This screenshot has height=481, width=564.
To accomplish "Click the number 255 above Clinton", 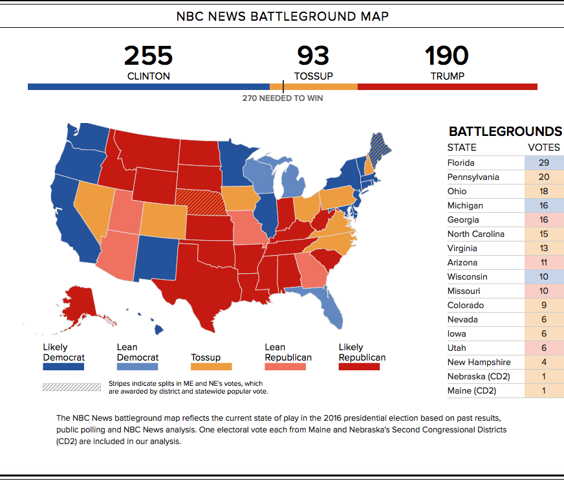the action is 148,56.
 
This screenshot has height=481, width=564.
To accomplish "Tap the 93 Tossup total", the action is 313,56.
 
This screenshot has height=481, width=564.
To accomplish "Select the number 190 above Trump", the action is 447,56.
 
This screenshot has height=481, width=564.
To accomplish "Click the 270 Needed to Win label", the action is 283,98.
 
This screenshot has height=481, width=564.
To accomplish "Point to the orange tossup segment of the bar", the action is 314,87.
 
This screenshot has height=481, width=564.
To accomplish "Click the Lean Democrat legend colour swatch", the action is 137,366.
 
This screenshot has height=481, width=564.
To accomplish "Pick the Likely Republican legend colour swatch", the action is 359,366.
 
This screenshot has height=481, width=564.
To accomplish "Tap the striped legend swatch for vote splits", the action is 72,387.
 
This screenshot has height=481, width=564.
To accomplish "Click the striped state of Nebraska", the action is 201,203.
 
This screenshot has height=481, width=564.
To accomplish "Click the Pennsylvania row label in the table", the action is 473,177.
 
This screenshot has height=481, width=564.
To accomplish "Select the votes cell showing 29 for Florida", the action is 544,162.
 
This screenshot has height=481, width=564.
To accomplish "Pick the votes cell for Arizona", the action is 544,262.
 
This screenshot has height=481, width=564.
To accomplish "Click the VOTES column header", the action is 544,148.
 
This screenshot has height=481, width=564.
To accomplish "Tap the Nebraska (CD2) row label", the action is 479,377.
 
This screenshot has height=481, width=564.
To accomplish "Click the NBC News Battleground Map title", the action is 283,17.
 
